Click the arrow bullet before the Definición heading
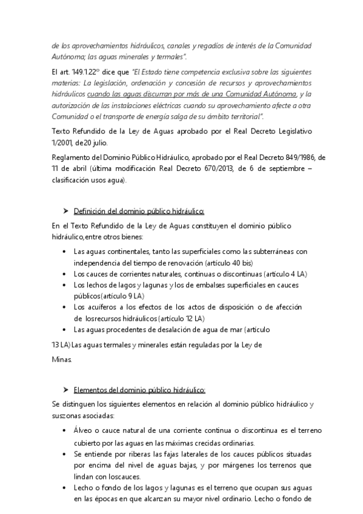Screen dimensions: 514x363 [x=65, y=210]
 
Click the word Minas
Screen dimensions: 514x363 [x=62, y=359]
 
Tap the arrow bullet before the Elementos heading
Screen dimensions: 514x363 [x=65, y=389]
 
